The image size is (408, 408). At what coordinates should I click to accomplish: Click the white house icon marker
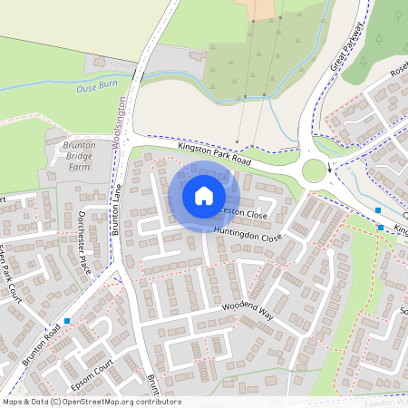pos(204,196)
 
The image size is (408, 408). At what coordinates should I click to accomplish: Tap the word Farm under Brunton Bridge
pos(79,167)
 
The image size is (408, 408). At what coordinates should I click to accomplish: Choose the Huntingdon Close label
pos(248,234)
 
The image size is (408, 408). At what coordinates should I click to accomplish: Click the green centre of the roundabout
pos(315,170)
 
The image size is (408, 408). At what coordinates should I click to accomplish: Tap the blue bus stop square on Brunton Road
pos(68,321)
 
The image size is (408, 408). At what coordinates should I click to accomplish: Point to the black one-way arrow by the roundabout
pos(329,169)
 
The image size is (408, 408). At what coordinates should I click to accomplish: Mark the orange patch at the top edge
pos(265,9)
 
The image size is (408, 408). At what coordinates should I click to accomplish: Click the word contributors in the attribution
pos(157,402)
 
